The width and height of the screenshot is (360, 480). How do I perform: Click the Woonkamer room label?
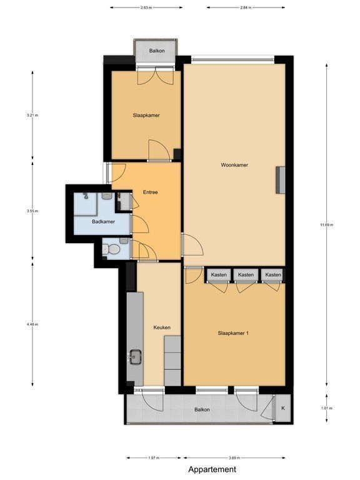(x=234, y=165)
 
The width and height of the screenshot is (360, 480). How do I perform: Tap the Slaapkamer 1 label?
(x=233, y=333)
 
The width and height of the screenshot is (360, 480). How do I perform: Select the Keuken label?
(x=162, y=327)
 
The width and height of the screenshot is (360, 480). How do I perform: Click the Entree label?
(x=150, y=192)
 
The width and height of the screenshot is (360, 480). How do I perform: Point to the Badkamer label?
(x=103, y=222)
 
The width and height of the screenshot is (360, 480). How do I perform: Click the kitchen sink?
(x=135, y=357)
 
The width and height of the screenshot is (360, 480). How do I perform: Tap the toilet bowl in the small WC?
(x=113, y=249)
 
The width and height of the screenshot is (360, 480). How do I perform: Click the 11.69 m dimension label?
(x=327, y=225)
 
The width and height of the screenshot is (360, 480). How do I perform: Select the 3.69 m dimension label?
(x=234, y=458)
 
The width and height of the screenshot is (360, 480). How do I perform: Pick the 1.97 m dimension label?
(x=154, y=458)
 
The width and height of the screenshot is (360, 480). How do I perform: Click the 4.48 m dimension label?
(x=32, y=324)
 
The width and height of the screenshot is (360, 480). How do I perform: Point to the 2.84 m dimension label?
(x=246, y=7)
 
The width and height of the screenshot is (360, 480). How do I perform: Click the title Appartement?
(x=212, y=469)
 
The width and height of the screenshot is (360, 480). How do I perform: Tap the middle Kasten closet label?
(x=246, y=274)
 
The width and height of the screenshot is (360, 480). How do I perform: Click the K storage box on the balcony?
(x=283, y=408)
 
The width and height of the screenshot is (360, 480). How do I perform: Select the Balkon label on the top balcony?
(x=157, y=51)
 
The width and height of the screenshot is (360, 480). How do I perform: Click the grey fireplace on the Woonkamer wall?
(x=281, y=180)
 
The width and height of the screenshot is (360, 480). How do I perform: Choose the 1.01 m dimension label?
(x=327, y=408)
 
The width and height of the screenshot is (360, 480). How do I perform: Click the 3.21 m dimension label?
(x=32, y=116)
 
